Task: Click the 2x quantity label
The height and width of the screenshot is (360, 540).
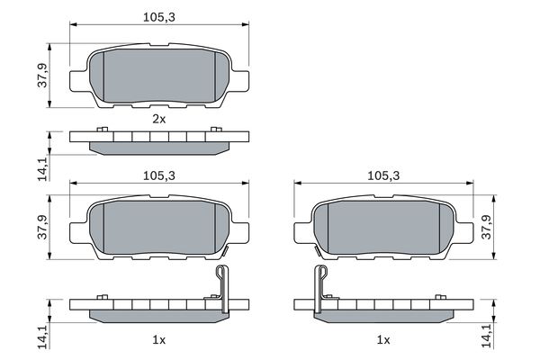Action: (158, 118)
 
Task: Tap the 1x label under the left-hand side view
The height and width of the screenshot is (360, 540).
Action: (158, 339)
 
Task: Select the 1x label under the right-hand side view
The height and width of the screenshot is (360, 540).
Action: (382, 339)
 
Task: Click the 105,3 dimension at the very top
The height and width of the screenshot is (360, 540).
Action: (158, 16)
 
